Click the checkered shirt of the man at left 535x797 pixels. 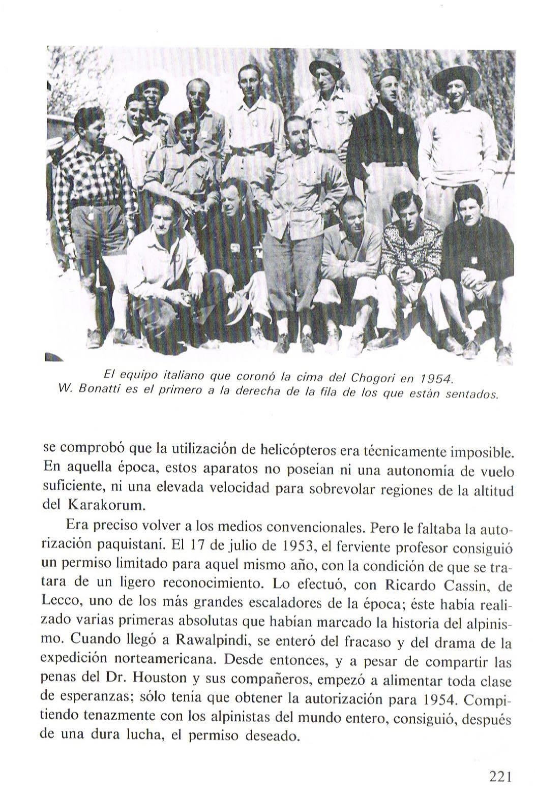pyautogui.click(x=93, y=178)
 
